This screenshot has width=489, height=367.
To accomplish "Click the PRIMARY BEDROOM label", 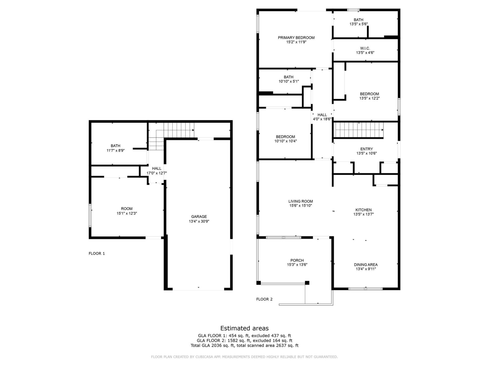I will (x=296, y=38).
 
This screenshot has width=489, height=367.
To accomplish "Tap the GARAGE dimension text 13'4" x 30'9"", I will (x=199, y=221).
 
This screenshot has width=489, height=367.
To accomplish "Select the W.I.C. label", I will (x=365, y=48).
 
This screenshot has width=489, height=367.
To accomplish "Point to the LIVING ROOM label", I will (x=301, y=201).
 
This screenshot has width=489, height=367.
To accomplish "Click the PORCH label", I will (x=297, y=260).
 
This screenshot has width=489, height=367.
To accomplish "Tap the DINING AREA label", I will (x=365, y=265).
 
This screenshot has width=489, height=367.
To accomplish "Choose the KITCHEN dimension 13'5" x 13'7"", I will (x=363, y=214).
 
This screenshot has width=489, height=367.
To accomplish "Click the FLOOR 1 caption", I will (x=97, y=253).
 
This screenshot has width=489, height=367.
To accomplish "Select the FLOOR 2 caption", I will (x=264, y=299).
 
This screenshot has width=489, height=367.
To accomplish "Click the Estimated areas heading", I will (x=244, y=328).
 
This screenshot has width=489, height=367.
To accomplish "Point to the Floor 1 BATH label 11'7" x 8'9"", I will (x=115, y=146).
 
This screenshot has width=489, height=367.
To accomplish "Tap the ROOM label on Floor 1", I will (x=127, y=208).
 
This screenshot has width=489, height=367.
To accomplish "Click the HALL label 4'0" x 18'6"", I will (x=322, y=115).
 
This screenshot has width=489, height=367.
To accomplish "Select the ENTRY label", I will (x=366, y=149).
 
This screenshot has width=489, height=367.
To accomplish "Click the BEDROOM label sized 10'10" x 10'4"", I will (x=285, y=137).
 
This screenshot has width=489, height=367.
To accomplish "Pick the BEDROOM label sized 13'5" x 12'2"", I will (x=369, y=94).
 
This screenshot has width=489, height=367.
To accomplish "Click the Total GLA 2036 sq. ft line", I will (x=244, y=346).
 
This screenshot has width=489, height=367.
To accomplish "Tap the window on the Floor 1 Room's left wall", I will (x=90, y=215).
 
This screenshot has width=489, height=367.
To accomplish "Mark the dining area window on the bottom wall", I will (x=365, y=289).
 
